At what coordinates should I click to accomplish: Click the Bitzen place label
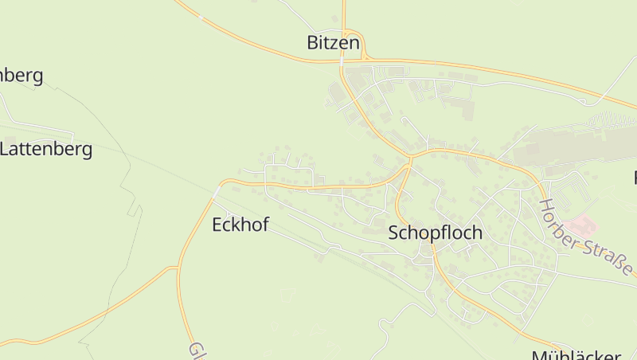click(x=334, y=43)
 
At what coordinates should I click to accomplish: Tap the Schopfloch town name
click(x=435, y=233)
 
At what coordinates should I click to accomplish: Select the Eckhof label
click(x=240, y=225)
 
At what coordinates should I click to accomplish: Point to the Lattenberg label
click(x=46, y=148)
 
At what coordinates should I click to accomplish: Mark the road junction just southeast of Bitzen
click(x=364, y=59)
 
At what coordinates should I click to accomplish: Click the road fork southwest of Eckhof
click(x=177, y=268)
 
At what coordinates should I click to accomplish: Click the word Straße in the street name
click(x=608, y=254)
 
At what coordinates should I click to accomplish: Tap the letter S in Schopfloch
click(x=393, y=233)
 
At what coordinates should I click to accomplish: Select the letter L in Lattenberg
click(x=6, y=148)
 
